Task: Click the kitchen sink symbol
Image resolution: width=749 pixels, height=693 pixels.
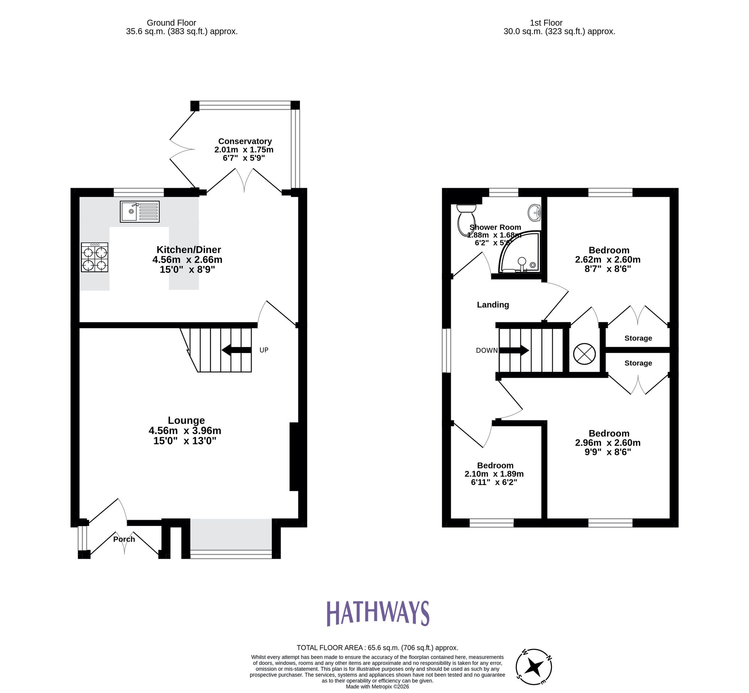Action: point(139,211)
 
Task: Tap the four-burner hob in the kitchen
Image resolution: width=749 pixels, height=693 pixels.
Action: point(94,257)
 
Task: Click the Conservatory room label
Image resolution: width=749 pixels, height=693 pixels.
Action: point(245,141)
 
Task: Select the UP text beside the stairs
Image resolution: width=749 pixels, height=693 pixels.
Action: point(264,350)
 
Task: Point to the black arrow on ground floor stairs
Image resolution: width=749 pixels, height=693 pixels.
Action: point(236,350)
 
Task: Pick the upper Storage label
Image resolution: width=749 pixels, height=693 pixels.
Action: point(638,338)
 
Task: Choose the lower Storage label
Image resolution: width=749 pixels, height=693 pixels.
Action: point(638,363)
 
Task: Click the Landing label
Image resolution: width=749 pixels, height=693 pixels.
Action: point(493,305)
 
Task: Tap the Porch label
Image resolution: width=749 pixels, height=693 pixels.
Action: point(124,539)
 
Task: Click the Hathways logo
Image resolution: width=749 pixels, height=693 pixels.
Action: point(378,613)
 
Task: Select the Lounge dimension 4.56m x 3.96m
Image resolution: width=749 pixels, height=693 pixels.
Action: point(185,431)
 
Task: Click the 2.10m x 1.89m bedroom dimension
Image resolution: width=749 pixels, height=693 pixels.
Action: point(494,474)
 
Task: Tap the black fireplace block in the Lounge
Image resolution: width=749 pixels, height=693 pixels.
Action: point(294,457)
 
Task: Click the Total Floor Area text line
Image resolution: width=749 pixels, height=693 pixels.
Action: point(377,648)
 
